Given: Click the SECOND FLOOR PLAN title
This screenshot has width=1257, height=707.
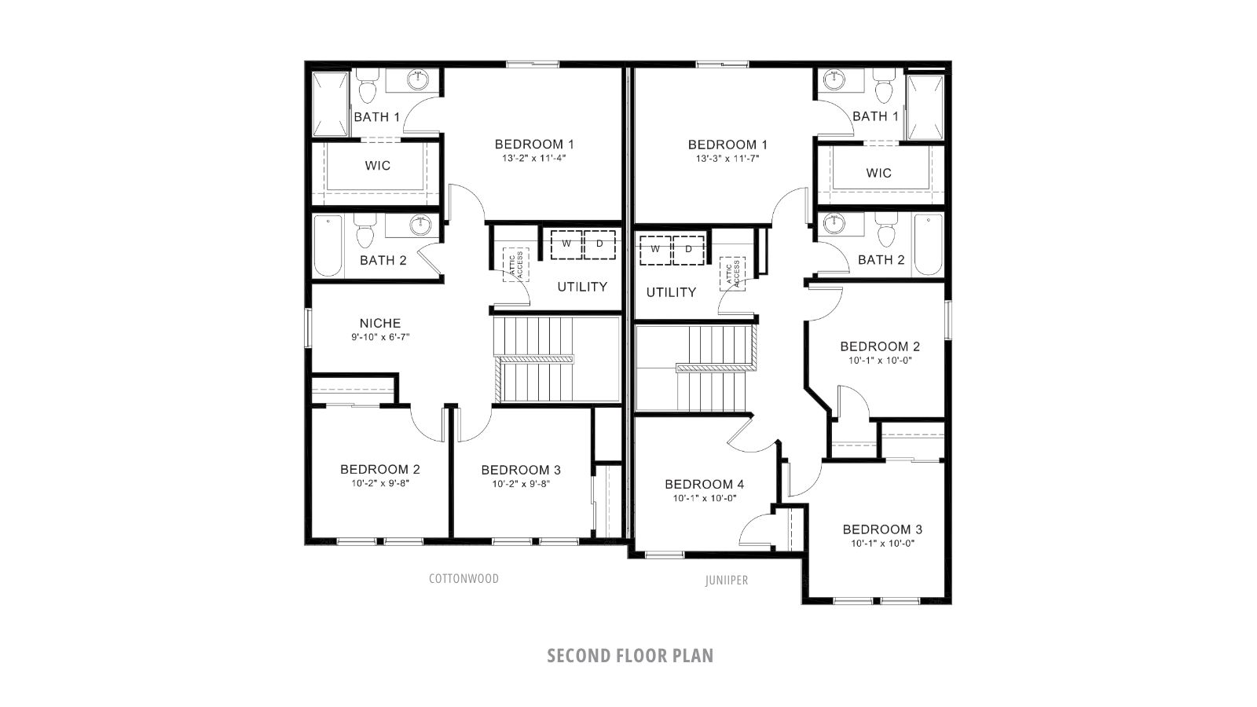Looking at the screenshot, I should [630, 656].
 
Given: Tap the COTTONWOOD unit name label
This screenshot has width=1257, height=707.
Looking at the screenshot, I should [464, 579].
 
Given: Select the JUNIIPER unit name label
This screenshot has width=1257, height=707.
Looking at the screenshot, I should [726, 581].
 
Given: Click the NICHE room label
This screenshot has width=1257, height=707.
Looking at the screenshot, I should [380, 323].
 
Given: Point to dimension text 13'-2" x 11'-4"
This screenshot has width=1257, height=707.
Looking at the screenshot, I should [534, 158].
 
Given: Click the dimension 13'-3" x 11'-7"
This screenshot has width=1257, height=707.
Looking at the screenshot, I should [727, 158].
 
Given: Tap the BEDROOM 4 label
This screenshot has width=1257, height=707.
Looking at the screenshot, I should [704, 484].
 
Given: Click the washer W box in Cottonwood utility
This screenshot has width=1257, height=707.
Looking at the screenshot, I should [566, 244].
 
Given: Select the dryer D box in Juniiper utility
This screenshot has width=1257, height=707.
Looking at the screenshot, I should [689, 249].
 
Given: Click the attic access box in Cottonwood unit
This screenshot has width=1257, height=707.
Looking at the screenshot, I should [515, 264].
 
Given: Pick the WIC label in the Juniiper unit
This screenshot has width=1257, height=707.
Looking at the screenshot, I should [878, 173].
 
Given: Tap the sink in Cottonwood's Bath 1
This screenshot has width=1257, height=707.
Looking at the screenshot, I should [419, 79].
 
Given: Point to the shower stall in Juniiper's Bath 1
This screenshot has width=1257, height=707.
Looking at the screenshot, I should [925, 107].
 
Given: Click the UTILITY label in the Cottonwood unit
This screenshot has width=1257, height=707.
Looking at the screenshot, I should [582, 287].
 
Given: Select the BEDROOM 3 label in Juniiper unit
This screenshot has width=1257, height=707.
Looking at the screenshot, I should [882, 529].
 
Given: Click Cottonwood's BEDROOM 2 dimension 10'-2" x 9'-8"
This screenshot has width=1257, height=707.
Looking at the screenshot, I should [380, 484].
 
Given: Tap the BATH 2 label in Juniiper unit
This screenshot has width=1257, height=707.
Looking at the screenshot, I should [881, 260].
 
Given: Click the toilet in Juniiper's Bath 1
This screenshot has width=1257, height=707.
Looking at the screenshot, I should [885, 88].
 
